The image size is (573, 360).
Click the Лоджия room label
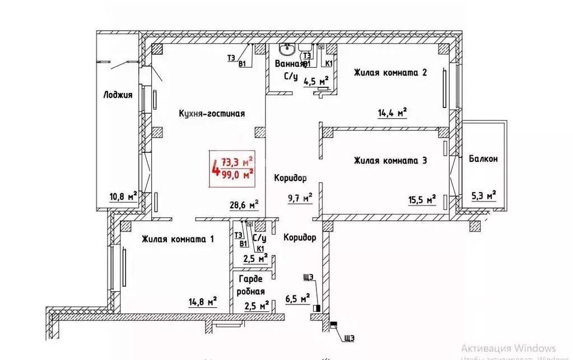coord(118,95)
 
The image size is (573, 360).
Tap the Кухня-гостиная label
coord(212,113)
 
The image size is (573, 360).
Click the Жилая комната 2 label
coord(390,72)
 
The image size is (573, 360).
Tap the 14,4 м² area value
coord(392,113)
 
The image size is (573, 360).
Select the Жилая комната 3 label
coord(390,161)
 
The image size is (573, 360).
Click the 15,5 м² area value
coord(422,199)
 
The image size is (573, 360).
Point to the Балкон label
coord(483,158)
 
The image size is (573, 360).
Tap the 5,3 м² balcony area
coord(483,195)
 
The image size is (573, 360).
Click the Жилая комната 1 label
coord(178,239)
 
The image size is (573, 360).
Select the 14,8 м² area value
coord(202,302)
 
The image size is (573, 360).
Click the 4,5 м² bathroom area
coord(316,81)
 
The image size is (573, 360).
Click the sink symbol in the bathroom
coord(288,49)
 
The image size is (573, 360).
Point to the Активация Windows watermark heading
coord(508,348)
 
